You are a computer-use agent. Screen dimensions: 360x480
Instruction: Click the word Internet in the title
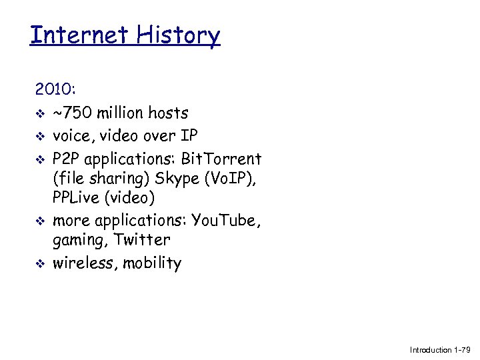(x=74, y=35)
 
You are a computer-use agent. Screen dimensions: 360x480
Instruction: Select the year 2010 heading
(x=55, y=89)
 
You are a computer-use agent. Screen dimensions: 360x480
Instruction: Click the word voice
(x=74, y=136)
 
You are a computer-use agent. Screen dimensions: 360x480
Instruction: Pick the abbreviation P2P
(x=67, y=159)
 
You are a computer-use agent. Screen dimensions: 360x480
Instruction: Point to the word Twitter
(x=143, y=240)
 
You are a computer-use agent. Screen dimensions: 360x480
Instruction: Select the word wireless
(x=83, y=263)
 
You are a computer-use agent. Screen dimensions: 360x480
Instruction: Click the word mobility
(x=151, y=263)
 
